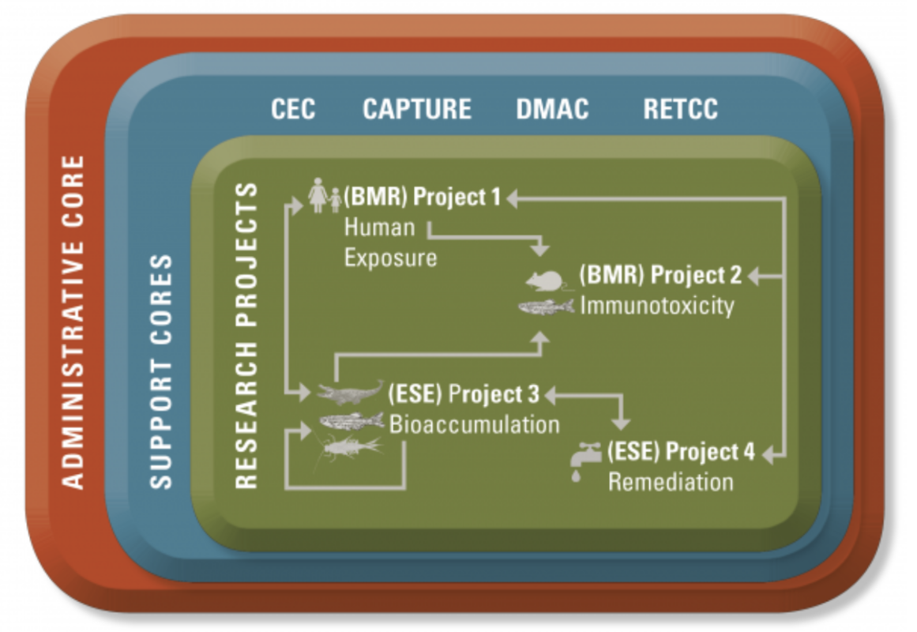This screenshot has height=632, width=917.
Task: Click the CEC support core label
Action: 293,110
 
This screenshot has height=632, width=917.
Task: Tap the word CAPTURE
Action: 417,110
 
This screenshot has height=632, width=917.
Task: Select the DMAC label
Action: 553,110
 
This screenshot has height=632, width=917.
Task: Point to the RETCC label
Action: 681,110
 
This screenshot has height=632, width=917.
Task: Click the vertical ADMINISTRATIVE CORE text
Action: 73,322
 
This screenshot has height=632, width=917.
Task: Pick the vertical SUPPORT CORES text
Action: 161,371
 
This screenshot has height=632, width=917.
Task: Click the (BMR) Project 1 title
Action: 423,197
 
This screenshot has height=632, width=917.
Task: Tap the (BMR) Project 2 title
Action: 660,275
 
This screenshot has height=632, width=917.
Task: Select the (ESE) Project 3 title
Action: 464,394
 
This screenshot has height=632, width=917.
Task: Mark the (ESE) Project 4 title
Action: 681,452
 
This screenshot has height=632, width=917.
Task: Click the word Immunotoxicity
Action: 657,306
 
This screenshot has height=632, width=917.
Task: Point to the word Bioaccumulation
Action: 474,425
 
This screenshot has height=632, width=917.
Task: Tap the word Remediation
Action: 671,482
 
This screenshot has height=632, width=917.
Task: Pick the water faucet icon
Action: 585,461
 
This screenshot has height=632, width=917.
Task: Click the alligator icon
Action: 349,393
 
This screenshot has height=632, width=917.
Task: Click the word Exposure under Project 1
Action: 390,258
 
